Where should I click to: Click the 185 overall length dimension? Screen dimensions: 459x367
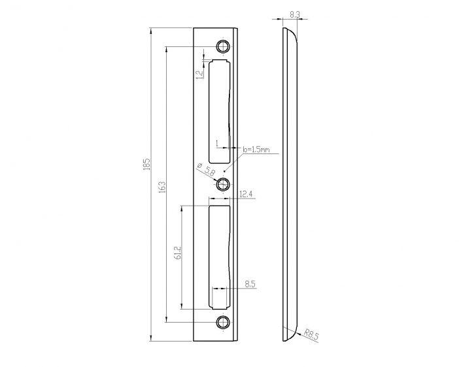pos(147,165)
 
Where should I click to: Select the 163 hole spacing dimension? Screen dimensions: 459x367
pos(162,187)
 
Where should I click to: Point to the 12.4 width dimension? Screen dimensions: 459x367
pos(246,194)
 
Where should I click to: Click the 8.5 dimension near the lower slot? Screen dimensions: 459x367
pos(250,284)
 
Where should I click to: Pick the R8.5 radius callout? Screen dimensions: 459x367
pos(311,334)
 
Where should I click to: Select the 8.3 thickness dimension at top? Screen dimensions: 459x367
pos(295,14)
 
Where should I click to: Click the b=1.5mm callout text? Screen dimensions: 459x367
pos(256,150)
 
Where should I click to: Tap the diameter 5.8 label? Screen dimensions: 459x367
pos(207,169)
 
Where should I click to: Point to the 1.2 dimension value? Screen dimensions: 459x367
pos(200,74)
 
